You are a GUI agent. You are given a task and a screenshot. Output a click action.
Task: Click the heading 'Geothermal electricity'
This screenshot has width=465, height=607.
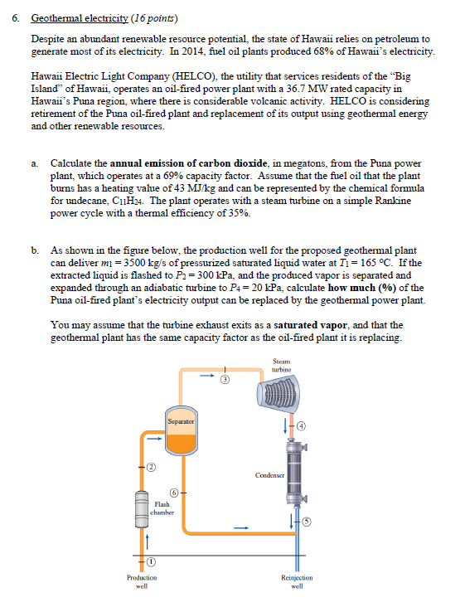(x=80, y=18)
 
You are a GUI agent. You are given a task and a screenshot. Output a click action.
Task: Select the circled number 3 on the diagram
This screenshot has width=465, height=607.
(x=225, y=380)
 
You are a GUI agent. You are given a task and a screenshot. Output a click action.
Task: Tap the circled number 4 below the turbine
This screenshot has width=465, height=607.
(x=302, y=426)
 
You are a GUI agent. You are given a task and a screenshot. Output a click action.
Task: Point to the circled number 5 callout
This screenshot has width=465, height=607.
(x=307, y=522)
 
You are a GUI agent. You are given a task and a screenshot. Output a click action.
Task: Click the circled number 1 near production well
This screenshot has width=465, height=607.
(x=151, y=561)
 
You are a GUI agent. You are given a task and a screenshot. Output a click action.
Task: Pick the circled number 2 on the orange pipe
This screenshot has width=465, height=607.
(x=151, y=467)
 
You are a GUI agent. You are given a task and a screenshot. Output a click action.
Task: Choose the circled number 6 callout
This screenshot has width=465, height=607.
(x=174, y=493)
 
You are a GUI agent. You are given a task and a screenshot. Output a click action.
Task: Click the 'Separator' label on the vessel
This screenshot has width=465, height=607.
(x=181, y=421)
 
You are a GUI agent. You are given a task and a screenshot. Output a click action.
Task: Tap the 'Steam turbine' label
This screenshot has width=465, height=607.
(x=281, y=366)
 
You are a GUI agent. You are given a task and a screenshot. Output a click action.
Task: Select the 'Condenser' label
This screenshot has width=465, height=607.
(x=269, y=475)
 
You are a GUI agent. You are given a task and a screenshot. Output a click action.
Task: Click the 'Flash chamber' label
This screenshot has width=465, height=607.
(x=162, y=508)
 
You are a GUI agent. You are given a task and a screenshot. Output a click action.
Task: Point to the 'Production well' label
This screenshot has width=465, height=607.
(x=142, y=581)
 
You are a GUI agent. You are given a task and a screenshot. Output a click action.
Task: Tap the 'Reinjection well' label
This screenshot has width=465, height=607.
(x=297, y=581)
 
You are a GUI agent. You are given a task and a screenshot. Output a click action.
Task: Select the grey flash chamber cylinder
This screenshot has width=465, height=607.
(x=142, y=508)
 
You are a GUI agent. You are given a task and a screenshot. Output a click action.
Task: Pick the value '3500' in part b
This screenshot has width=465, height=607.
(x=135, y=263)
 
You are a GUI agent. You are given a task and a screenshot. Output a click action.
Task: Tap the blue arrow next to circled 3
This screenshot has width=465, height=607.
(x=207, y=375)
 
